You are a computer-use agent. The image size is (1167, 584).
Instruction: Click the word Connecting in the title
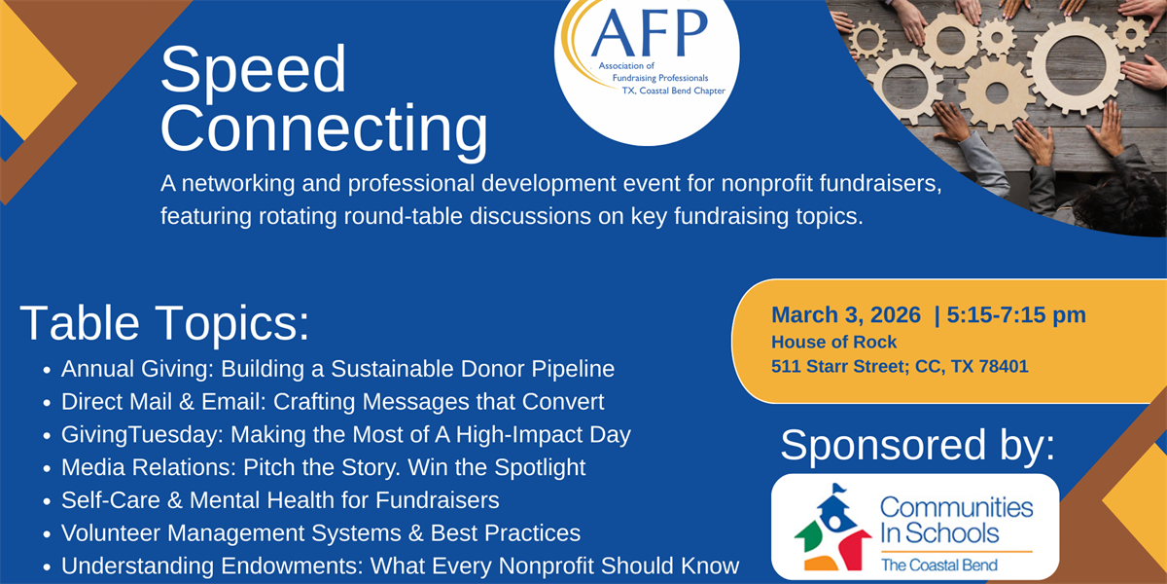tap(324, 129)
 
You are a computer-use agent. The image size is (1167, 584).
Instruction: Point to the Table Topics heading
tap(164, 323)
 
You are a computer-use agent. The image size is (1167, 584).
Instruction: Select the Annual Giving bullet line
tap(337, 369)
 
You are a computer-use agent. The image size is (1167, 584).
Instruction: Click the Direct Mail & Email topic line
tap(333, 401)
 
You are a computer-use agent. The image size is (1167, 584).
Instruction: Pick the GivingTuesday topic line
tap(345, 434)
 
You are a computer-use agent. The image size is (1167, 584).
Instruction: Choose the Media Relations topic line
tap(323, 467)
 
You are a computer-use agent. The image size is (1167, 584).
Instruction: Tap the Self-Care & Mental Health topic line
tap(280, 500)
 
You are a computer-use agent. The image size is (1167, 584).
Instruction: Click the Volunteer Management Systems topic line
tap(321, 533)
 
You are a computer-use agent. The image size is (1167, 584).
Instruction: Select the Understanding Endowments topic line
tap(400, 566)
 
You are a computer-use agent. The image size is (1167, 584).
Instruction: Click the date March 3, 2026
tap(845, 314)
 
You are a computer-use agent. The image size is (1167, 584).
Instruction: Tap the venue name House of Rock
tap(833, 342)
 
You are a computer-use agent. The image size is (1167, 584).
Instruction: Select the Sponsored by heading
tap(917, 445)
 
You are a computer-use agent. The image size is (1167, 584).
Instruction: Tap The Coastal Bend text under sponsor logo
tap(939, 565)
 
